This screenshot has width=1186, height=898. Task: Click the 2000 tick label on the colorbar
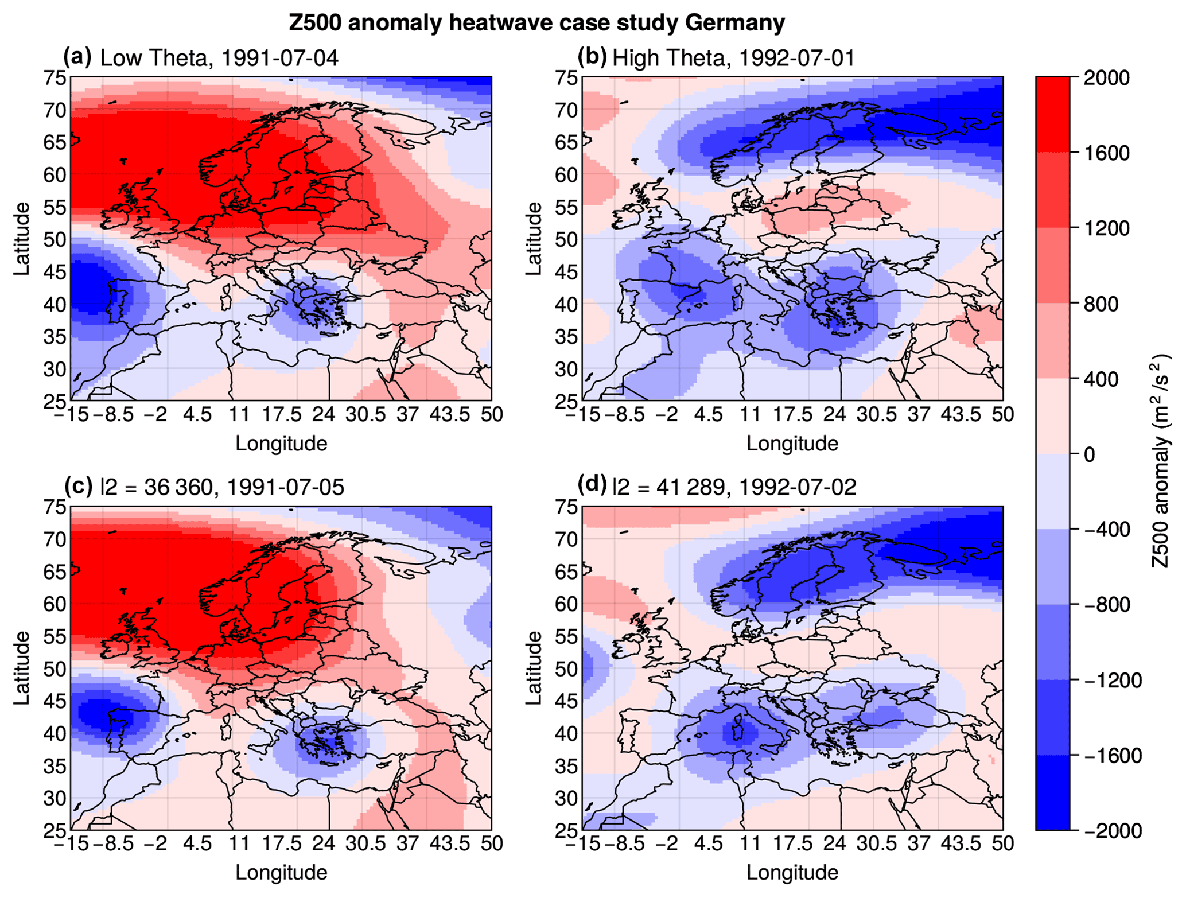point(1106,77)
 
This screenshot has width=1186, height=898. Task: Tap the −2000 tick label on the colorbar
point(1111,830)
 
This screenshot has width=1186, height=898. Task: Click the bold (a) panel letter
point(77,57)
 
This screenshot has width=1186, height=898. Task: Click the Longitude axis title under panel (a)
point(281,443)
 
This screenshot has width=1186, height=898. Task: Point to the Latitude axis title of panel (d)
point(534,668)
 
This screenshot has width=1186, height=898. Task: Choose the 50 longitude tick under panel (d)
point(1002,843)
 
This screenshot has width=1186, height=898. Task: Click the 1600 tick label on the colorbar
point(1106,153)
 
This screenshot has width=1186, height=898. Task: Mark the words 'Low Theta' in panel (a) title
point(153,58)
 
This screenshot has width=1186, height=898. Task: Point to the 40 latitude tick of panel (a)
point(55,304)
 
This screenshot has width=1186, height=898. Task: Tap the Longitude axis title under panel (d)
point(792,872)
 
